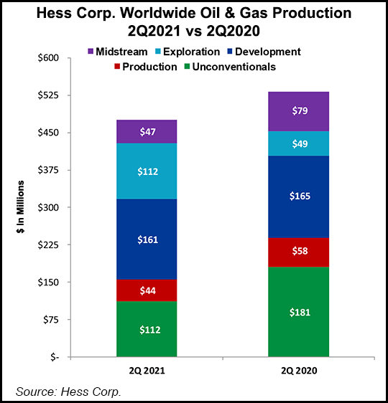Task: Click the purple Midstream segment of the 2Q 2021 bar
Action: [147, 131]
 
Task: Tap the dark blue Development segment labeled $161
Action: [147, 239]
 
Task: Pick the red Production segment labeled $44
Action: [147, 290]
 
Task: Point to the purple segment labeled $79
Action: [298, 111]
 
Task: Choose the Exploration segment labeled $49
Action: [298, 143]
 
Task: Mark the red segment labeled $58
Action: [298, 252]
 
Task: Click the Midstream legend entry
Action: [119, 52]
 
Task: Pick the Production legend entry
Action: [146, 67]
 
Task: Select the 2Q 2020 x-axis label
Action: [298, 371]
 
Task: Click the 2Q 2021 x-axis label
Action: [147, 371]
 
